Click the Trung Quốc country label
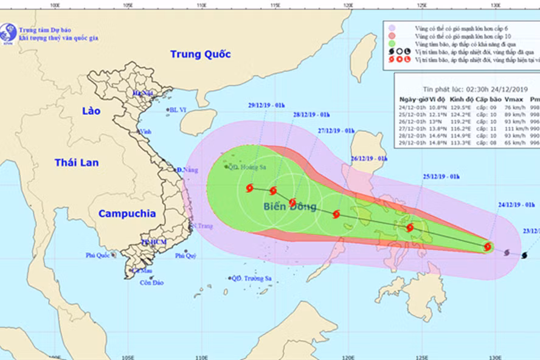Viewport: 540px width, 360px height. [200, 54]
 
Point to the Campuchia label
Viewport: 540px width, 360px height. [127, 213]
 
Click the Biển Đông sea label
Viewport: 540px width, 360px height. [289, 207]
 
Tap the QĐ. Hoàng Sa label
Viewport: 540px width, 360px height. [243, 167]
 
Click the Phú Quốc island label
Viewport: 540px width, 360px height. [97, 255]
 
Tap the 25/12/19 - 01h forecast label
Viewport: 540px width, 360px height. [440, 176]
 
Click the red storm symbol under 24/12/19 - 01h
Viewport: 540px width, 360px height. [488, 246]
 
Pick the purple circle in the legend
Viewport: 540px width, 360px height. [393, 28]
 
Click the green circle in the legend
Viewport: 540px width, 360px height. [393, 44]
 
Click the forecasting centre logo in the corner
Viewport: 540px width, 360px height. [9, 32]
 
